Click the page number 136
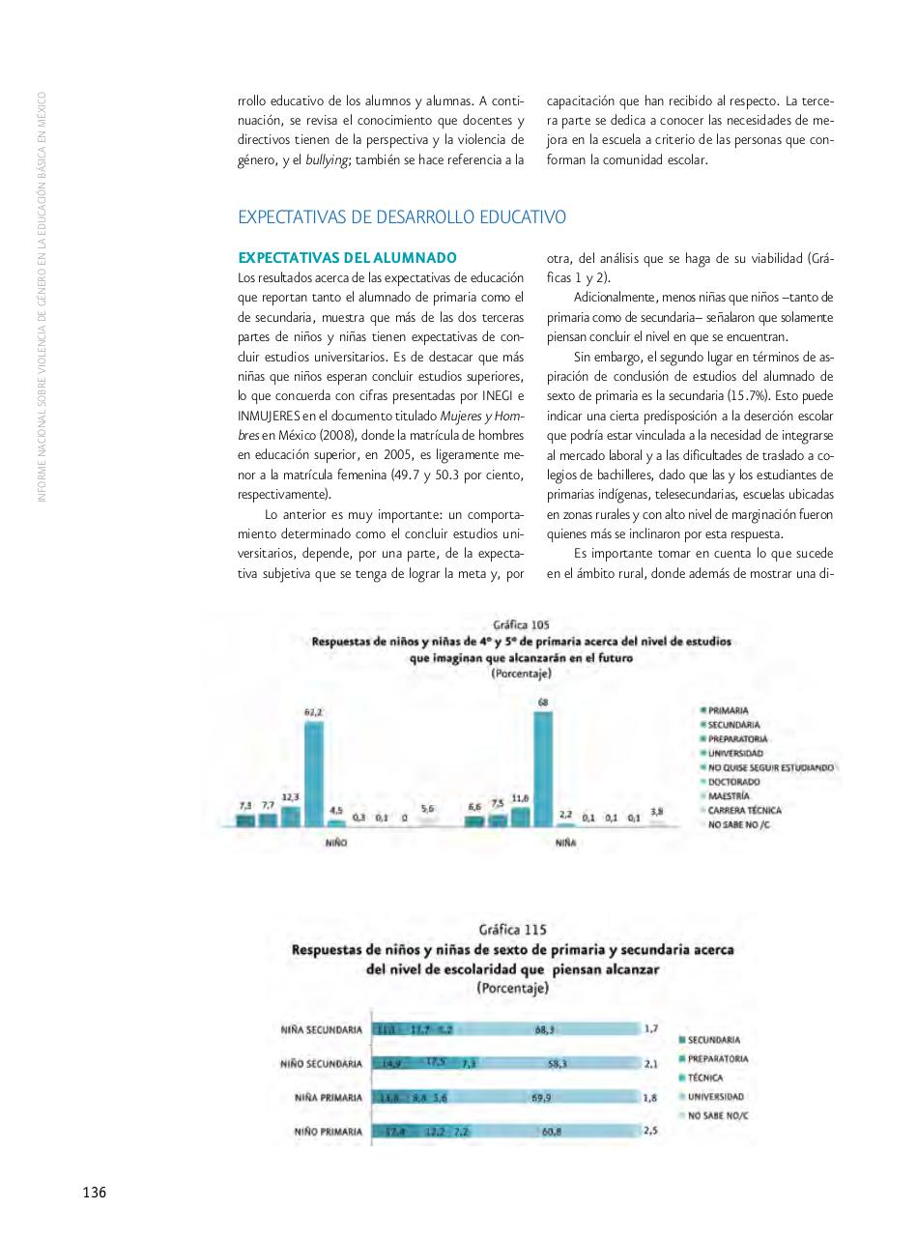[94, 1192]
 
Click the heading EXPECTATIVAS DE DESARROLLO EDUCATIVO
[402, 217]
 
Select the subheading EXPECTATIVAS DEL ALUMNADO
[347, 258]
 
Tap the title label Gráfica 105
[521, 625]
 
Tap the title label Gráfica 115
[512, 930]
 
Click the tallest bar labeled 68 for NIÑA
[543, 768]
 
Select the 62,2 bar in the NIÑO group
[314, 773]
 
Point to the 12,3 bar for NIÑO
[291, 816]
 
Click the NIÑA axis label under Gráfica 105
[565, 843]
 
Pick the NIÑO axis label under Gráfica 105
[336, 843]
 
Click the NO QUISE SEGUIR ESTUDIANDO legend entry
[769, 767]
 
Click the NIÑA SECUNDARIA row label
[322, 1029]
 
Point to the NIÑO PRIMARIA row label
[322, 1132]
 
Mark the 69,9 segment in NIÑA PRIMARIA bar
[542, 1098]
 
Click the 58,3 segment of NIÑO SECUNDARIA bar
[557, 1063]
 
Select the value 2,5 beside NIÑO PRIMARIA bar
[650, 1130]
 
